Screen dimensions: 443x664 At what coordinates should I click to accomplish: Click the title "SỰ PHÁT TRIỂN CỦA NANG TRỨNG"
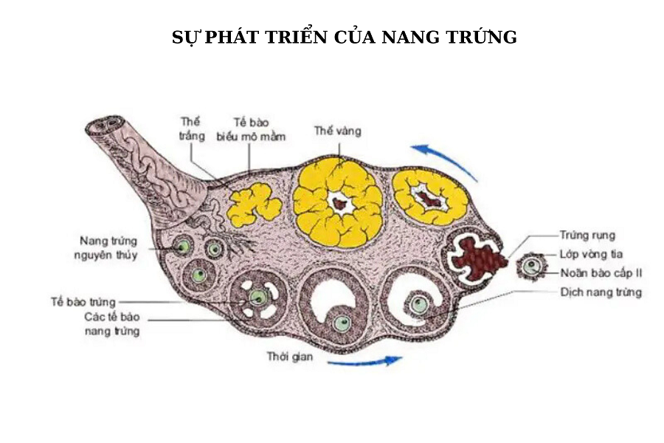[345, 37]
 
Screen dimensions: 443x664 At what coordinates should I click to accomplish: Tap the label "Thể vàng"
[338, 131]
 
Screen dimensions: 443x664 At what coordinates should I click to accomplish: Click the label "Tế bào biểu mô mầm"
[251, 128]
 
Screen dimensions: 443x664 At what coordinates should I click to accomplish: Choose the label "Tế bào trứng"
[85, 301]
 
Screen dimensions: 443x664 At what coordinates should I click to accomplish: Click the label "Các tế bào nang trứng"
[112, 324]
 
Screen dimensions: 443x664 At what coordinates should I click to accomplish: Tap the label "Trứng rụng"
[587, 236]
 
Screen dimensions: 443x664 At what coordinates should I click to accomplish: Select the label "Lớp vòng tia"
[591, 255]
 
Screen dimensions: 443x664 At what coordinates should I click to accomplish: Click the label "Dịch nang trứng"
[601, 292]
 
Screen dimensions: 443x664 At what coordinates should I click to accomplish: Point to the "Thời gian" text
[291, 357]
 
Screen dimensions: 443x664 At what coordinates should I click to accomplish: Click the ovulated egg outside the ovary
[531, 267]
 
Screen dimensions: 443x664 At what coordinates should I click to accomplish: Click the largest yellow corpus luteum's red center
[340, 203]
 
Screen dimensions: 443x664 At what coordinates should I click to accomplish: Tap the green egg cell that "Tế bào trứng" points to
[257, 297]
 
